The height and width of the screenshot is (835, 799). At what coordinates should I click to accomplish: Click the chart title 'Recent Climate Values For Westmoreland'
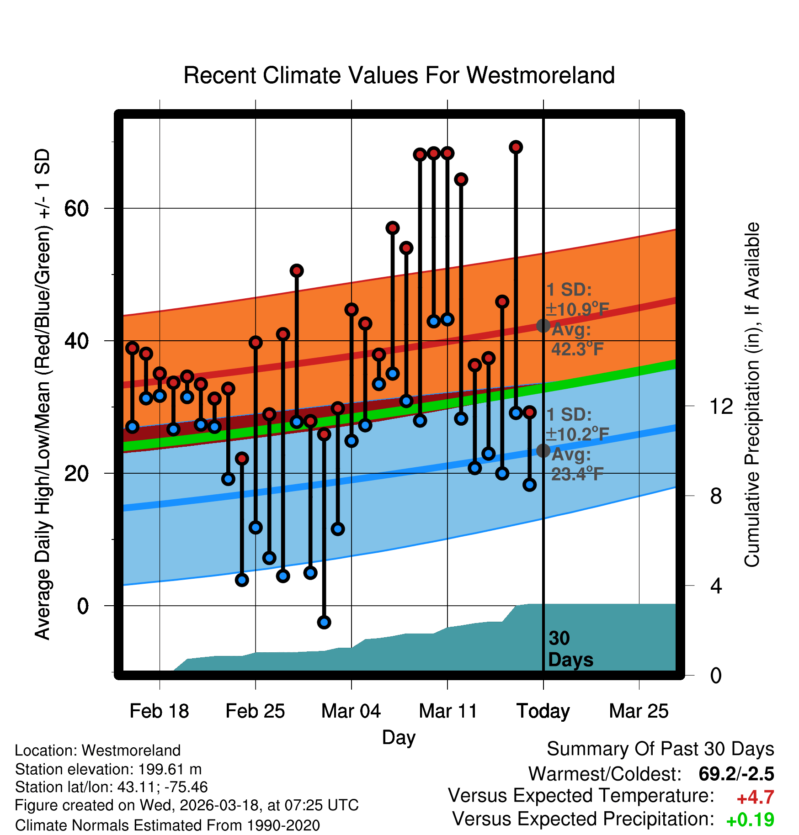coord(399,75)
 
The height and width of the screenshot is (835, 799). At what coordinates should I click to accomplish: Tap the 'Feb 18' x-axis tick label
coord(159,711)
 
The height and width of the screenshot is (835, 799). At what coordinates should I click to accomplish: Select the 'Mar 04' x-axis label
coord(351,711)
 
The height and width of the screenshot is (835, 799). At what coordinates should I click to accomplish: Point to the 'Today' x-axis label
coord(543,711)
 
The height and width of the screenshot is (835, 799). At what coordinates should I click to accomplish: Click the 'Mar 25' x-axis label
coord(639,711)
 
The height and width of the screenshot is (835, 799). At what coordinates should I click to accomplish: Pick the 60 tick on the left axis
coord(76,209)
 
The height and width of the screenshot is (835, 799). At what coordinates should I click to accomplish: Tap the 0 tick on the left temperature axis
coord(83,606)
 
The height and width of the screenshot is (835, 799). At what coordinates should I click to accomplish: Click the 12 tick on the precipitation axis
coord(721,406)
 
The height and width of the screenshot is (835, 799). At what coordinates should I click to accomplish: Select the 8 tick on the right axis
coord(716,496)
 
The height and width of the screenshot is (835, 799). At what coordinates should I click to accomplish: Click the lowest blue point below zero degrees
coord(324,622)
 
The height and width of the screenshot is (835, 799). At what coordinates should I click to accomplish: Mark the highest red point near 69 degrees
coord(516,147)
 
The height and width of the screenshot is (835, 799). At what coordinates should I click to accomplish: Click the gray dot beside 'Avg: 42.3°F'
coord(543,326)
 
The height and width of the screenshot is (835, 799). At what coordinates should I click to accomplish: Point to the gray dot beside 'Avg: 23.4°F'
coord(543,451)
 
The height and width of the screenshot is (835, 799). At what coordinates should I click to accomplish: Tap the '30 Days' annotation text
coord(570,649)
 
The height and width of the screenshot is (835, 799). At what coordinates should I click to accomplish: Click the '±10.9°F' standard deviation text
coord(577,310)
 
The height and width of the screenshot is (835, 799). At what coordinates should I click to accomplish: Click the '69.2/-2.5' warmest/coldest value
coord(736,774)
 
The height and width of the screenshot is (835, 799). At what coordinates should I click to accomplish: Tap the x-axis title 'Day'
coord(399,738)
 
